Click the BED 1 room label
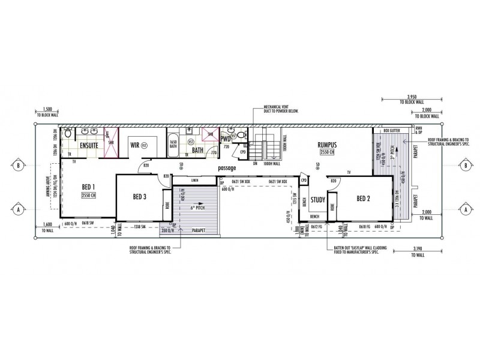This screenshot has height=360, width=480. (x=89, y=187)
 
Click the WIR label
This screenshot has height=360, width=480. (x=136, y=145)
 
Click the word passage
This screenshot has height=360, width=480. (x=227, y=168)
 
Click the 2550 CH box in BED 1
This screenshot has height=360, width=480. (x=89, y=196)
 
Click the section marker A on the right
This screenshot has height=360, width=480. (x=466, y=209)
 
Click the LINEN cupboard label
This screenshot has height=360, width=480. (x=194, y=180)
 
